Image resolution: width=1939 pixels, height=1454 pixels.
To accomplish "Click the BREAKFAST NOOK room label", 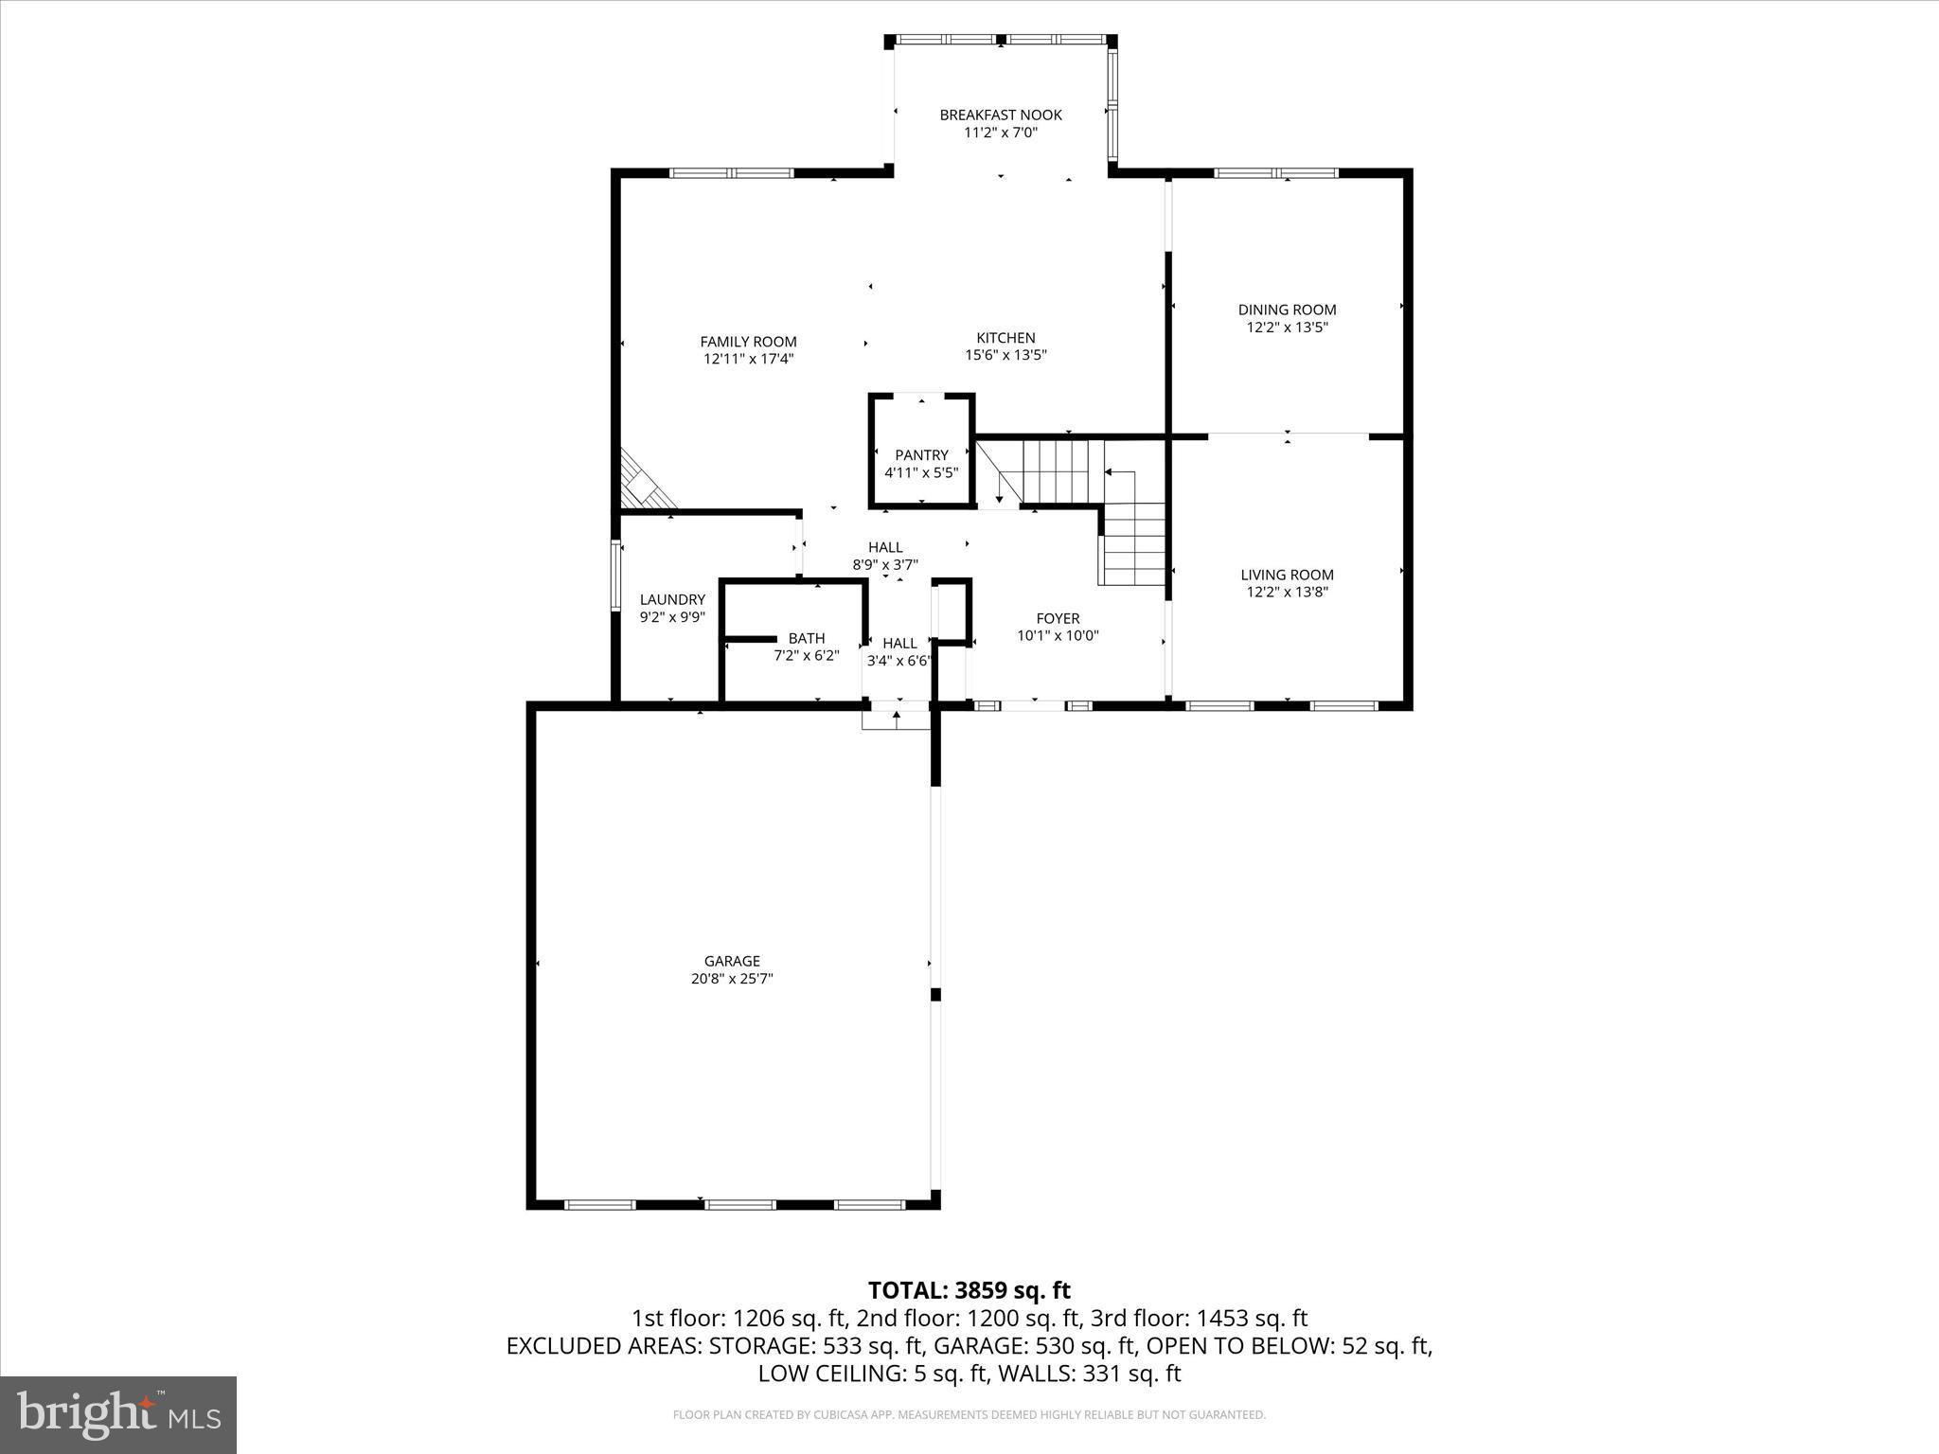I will (1001, 115).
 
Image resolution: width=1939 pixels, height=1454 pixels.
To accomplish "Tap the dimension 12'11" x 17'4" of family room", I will (748, 359).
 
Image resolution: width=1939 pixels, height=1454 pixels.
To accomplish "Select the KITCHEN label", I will (1005, 338).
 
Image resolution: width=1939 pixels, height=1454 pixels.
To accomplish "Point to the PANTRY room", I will (921, 455).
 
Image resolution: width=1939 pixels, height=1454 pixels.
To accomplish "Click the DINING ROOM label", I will (1287, 310).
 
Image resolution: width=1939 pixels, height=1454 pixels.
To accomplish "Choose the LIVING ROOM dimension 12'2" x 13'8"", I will (1287, 593).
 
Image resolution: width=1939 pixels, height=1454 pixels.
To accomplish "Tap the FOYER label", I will (1058, 618).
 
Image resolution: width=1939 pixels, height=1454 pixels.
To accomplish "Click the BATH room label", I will (806, 638).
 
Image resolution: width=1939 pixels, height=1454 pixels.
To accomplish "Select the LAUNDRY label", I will (672, 599).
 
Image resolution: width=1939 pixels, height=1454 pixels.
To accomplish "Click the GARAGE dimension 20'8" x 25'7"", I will (732, 979).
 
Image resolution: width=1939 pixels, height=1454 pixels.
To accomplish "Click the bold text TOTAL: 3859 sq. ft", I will (969, 1290).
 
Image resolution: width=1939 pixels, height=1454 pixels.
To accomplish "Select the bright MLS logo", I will (118, 1414).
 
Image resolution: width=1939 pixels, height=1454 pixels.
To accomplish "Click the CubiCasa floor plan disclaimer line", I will (969, 1414).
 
